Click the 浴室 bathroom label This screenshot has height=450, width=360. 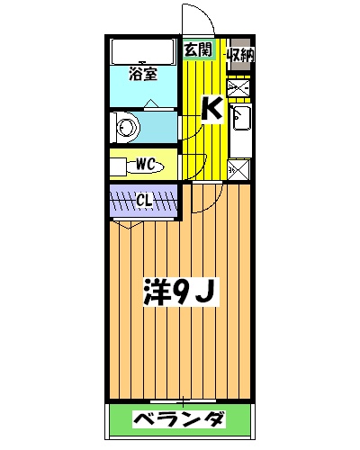[x=144, y=74]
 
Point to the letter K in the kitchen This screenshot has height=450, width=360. [x=211, y=108]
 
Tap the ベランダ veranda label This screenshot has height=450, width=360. [x=180, y=418]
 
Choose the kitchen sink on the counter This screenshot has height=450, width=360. [x=240, y=118]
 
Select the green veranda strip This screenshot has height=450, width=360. [x=179, y=418]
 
